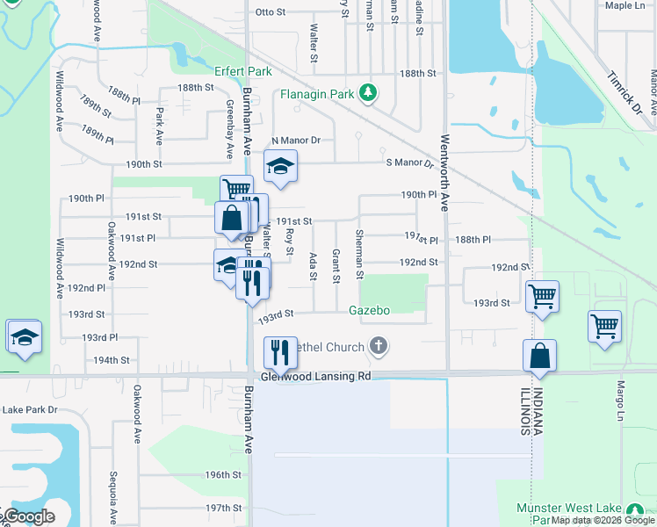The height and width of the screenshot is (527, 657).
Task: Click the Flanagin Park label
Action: tap(316, 93)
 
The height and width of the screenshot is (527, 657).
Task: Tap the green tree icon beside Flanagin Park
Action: tap(370, 92)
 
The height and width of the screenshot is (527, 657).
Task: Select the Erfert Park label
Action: tap(243, 71)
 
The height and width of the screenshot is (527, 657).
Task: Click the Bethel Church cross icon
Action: tap(379, 346)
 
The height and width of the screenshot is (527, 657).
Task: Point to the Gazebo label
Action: tap(369, 309)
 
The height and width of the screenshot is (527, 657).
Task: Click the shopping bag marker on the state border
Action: tap(539, 356)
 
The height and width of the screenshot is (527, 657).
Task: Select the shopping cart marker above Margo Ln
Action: tap(605, 327)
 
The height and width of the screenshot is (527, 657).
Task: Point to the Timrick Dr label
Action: tap(625, 90)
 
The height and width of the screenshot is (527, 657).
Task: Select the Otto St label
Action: tap(270, 12)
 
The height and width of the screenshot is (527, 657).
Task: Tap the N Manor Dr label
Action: tap(296, 141)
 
